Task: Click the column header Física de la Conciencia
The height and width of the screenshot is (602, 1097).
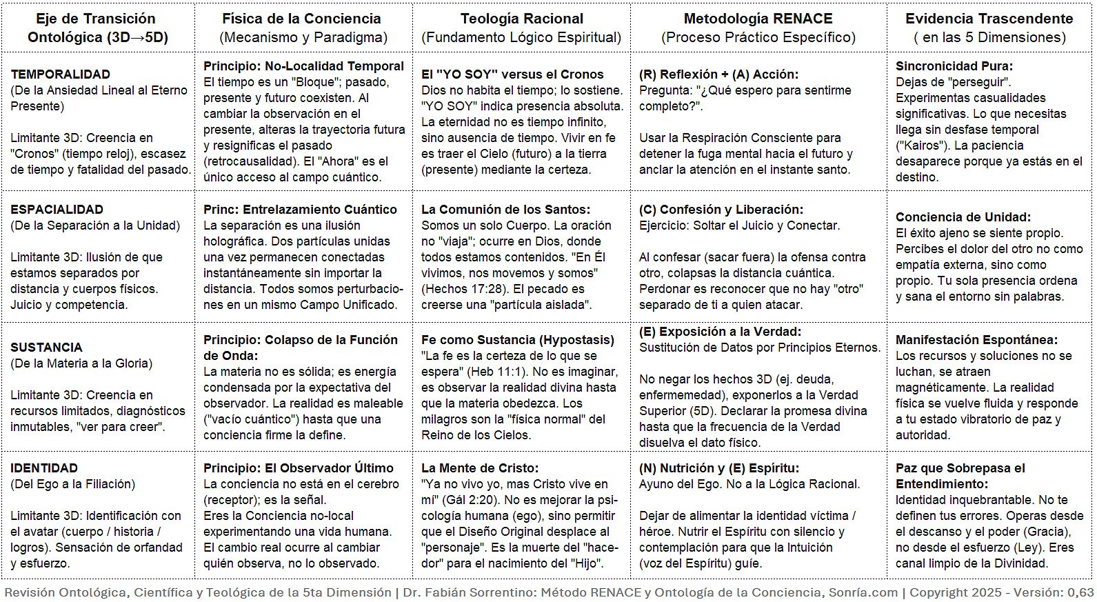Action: click(301, 19)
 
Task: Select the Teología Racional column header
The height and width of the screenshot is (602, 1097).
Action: click(521, 19)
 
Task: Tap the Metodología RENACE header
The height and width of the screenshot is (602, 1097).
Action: click(758, 19)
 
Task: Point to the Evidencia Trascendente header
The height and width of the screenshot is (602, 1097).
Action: click(989, 19)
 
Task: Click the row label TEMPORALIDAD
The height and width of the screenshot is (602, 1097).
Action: click(61, 74)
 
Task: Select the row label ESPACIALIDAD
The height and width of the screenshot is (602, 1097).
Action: click(57, 210)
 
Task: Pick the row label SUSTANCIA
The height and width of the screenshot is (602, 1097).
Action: click(46, 348)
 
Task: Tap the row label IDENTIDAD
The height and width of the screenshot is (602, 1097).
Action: click(44, 468)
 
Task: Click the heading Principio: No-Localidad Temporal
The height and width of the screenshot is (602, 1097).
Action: click(303, 66)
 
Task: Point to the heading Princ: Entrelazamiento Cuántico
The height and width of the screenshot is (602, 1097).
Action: click(300, 210)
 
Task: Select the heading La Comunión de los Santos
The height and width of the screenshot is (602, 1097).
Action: click(505, 210)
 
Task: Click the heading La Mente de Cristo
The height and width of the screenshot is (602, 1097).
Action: click(480, 468)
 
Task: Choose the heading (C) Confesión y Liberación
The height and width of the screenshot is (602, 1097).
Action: click(721, 210)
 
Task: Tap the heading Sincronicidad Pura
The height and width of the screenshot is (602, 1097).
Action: click(954, 66)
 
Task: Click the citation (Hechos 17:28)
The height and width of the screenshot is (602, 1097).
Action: click(462, 289)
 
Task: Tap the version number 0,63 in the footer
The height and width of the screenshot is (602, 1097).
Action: click(1080, 592)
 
